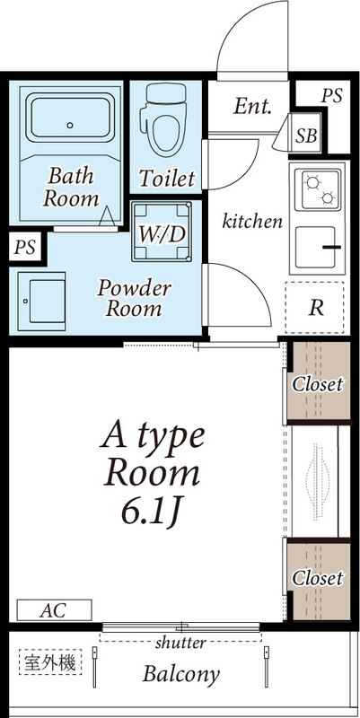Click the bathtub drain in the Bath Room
coord(70,125)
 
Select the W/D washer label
coord(162,234)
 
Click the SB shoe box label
coord(306,136)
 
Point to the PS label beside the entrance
coord(331,96)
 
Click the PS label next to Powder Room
coord(25,248)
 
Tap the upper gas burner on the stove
coord(312,183)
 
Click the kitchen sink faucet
coord(331,248)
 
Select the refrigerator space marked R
coord(314,307)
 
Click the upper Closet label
coord(318,384)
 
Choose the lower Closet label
coord(318,578)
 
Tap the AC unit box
coord(54,610)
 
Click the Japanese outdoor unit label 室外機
coord(50,662)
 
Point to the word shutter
coord(180,643)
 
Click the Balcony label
coord(181,675)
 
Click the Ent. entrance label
coord(252,107)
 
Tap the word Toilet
coord(167,178)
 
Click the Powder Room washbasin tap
coord(26,301)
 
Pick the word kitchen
coord(252,221)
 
